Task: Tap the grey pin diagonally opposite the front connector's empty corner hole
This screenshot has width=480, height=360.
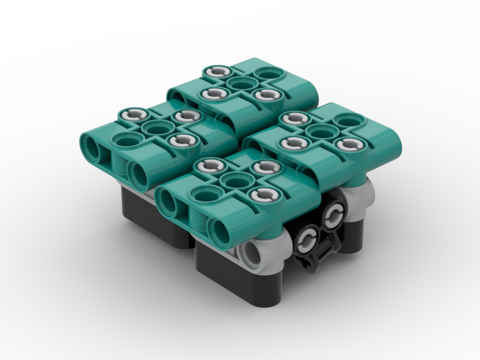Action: pos(264,167)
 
